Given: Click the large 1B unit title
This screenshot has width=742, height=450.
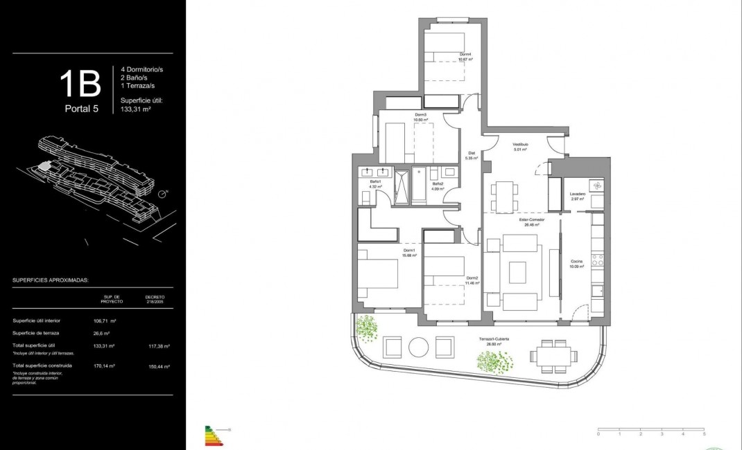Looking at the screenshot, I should coord(80,83).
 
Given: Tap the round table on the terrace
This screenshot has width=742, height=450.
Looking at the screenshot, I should coord(419,346).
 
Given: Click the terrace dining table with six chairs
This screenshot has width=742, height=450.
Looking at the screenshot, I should coord(554,357).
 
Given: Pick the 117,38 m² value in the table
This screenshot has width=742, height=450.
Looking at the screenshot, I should coord(159,345).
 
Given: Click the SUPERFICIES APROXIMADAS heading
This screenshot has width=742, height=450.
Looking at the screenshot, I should coord(51,281).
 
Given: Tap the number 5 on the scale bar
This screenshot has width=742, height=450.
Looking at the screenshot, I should coord(705,433).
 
